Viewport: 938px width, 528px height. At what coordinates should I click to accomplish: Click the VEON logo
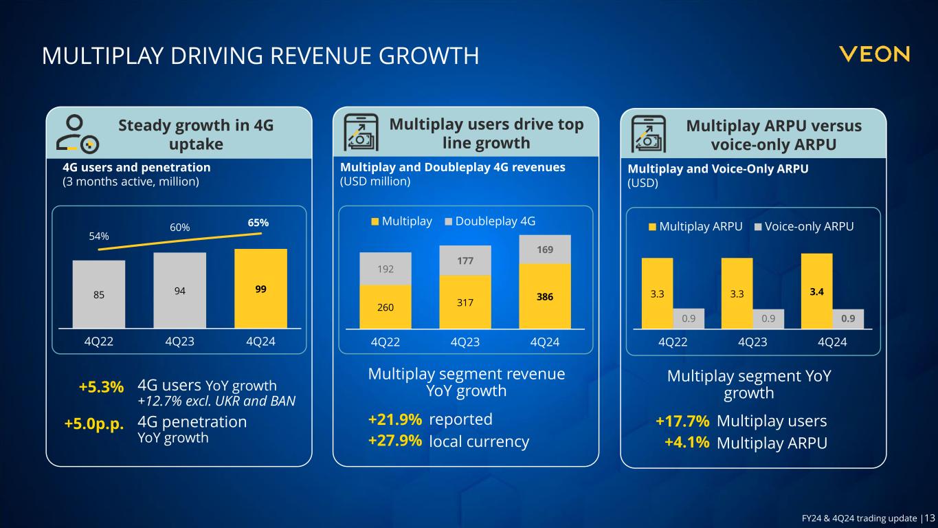pos(874,54)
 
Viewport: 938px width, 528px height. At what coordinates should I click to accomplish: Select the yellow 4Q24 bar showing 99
pos(260,289)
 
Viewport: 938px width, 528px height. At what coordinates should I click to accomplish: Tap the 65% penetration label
pos(258,223)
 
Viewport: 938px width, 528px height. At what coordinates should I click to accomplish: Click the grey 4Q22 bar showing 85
pos(99,294)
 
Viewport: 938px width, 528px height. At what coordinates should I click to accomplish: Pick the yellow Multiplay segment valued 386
pos(545,296)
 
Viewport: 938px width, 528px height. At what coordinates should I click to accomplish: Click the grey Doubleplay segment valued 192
pos(386,269)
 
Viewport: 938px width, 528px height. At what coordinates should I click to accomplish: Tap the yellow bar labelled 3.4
pos(816,291)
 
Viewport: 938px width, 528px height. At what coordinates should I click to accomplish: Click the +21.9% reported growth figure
pos(395,419)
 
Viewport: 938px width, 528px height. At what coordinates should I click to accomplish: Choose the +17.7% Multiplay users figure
pos(682,421)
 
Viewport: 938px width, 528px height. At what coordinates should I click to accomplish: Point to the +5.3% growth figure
pos(101,387)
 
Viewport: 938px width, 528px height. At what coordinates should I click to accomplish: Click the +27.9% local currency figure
pos(395,441)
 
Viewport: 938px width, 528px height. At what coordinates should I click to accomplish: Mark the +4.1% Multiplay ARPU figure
pos(686,442)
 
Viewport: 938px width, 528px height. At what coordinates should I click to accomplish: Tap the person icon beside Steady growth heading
pos(77,135)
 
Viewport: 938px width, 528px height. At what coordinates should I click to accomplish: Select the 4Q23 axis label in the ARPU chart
pos(752,342)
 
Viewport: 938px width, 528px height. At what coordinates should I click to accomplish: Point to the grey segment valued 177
pos(465,261)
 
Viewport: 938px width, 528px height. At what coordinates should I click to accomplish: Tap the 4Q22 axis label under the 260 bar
pos(386,342)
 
